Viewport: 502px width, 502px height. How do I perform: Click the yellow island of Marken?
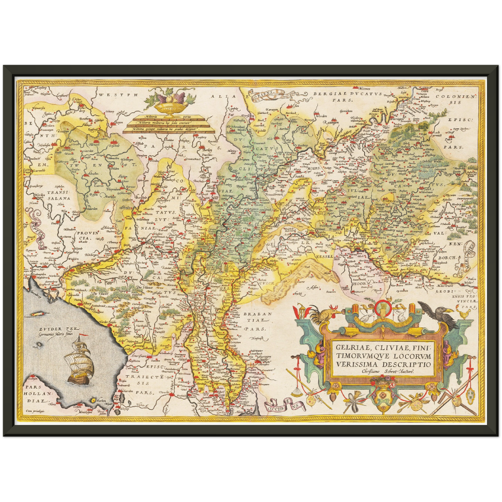pyautogui.click(x=93, y=400)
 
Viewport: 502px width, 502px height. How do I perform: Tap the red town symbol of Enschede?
pyautogui.click(x=113, y=142)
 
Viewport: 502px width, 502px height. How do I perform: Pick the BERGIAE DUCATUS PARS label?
pyautogui.click(x=347, y=96)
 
